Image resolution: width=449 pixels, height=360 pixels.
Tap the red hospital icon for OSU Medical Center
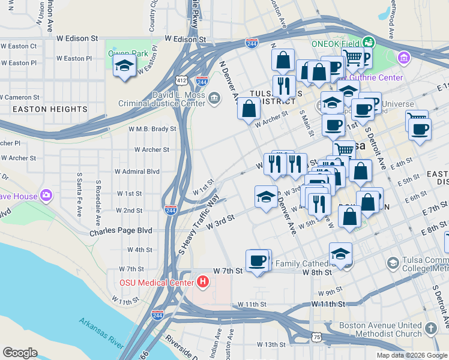pos(203,281)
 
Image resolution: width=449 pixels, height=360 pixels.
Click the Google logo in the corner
pos(20,352)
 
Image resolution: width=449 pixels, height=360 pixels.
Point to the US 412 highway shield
pos(181,80)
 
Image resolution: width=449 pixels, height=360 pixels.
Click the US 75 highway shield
pos(316,338)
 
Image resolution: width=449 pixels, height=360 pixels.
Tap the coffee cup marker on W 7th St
pos(257,261)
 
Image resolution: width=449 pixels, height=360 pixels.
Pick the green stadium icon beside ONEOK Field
pos(369,43)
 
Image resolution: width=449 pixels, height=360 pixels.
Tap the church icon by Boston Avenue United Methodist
pos(430,328)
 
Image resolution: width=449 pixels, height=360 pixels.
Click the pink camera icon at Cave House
pos(46,196)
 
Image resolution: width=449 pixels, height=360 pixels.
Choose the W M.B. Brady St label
pos(152,128)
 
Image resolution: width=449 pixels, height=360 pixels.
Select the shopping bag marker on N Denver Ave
pos(248,109)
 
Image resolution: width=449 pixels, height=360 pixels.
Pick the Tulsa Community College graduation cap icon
pos(393,263)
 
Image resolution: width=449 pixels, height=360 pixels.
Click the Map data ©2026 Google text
pos(412,355)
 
